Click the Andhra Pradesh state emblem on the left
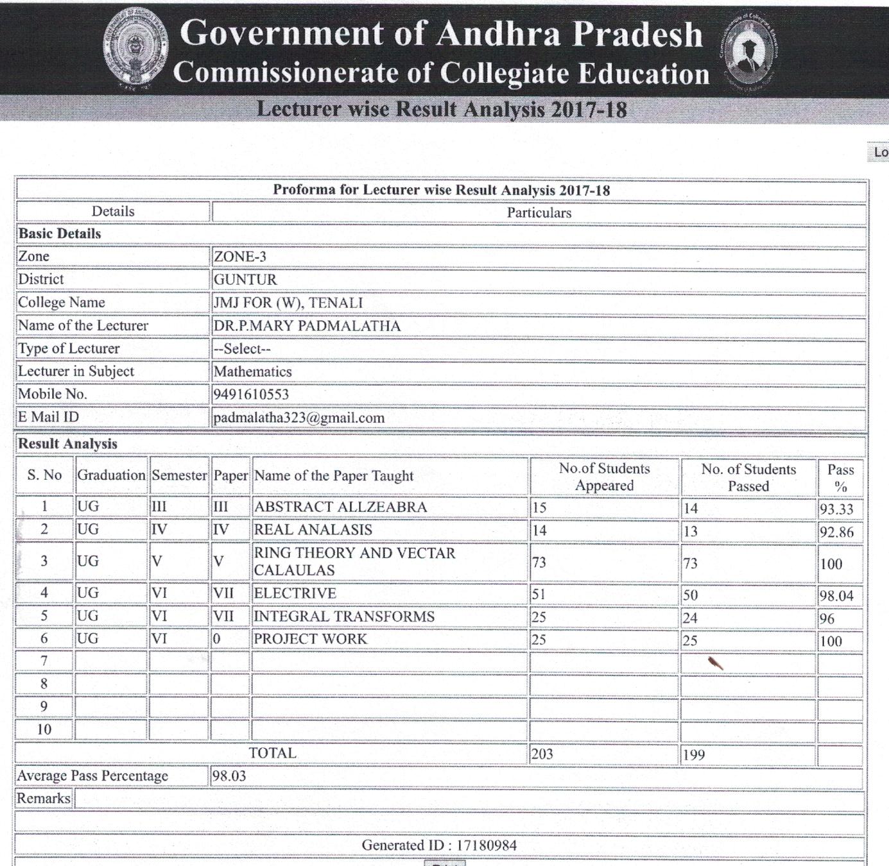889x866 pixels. [x=136, y=49]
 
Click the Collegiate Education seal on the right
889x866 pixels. [x=748, y=52]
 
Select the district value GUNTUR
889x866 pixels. [x=245, y=280]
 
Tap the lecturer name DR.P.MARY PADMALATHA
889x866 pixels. [x=307, y=326]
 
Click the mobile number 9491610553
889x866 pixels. [x=251, y=395]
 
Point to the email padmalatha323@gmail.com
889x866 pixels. [x=298, y=418]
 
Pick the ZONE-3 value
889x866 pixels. [x=239, y=257]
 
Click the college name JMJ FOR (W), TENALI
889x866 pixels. [x=288, y=303]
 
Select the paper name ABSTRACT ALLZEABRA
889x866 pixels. [x=340, y=507]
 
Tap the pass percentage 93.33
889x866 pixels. [x=836, y=509]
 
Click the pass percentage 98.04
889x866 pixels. [x=836, y=596]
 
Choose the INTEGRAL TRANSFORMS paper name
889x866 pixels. [x=344, y=616]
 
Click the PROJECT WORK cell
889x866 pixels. [x=310, y=639]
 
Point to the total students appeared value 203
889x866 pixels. [x=542, y=754]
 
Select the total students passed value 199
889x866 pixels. [x=693, y=755]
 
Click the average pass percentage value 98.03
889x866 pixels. [x=229, y=776]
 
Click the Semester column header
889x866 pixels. [x=179, y=475]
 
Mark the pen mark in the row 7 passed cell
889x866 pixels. [x=715, y=663]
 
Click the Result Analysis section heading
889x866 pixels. [x=67, y=444]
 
